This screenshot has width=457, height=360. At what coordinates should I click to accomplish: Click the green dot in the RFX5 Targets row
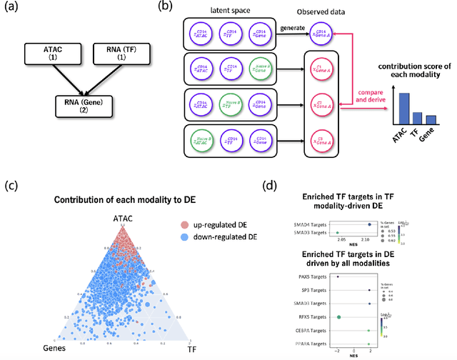pyautogui.click(x=339, y=316)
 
